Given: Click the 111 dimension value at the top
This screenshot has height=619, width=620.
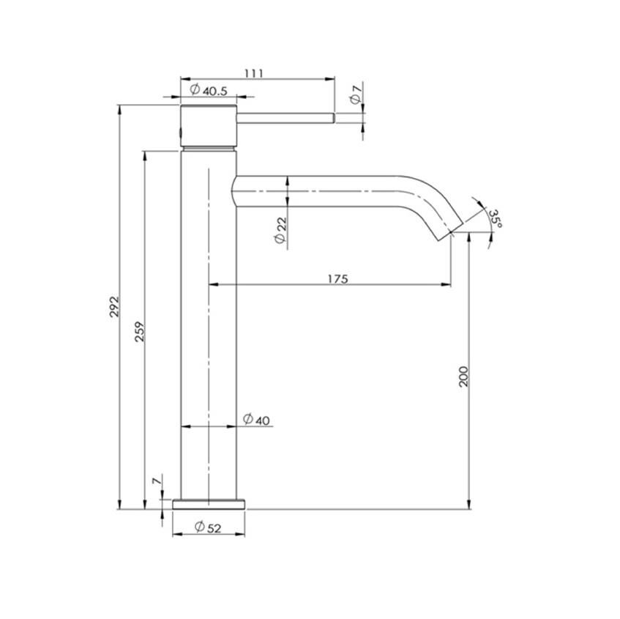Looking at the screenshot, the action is point(254,73).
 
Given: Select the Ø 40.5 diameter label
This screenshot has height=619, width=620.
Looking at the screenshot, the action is point(209,90).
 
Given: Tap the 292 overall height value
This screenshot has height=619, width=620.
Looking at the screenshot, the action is point(114,306).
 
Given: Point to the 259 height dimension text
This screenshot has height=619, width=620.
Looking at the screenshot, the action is point(140,332).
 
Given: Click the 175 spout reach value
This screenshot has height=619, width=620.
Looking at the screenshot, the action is point(338,279).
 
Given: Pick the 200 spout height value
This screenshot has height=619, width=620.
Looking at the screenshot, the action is point(463,377).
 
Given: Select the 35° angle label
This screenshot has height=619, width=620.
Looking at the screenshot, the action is point(496,218).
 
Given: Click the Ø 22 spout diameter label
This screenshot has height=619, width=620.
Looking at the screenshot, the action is point(280,231).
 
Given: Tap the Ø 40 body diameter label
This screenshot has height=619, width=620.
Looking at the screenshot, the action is point(256,419).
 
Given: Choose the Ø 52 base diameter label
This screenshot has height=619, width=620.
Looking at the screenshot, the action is point(208,527).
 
